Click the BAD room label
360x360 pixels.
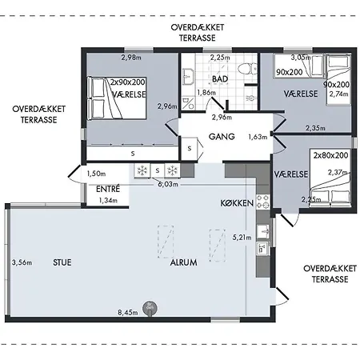click(x=220, y=79)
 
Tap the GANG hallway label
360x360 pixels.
click(x=222, y=137)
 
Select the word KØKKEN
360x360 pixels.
click(x=237, y=203)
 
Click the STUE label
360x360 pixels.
click(x=62, y=262)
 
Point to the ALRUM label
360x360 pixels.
click(x=184, y=262)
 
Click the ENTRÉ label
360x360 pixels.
click(x=108, y=189)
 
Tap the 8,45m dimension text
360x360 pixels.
click(x=128, y=312)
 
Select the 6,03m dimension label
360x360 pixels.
click(x=168, y=184)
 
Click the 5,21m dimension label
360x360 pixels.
click(x=242, y=237)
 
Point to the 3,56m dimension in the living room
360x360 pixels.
click(x=22, y=262)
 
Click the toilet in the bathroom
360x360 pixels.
click(x=247, y=70)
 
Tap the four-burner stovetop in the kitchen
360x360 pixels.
click(x=263, y=202)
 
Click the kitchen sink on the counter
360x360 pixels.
click(x=263, y=231)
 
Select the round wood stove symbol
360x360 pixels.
click(x=150, y=308)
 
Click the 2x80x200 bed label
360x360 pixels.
click(x=330, y=155)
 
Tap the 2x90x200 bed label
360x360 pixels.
click(x=128, y=82)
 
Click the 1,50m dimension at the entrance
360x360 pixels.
click(x=96, y=174)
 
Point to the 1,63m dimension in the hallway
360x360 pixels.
click(x=258, y=137)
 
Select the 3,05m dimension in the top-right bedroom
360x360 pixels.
click(x=301, y=58)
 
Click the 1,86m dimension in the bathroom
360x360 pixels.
click(x=206, y=93)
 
